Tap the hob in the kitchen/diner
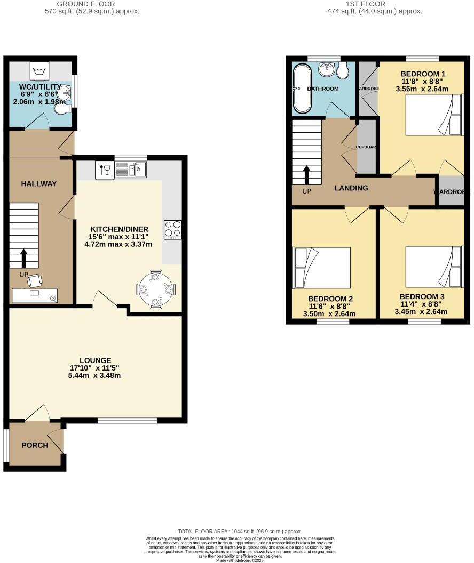(172, 230)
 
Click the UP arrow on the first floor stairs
(307, 175)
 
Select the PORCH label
(35, 445)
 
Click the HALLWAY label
(38, 183)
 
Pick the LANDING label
(351, 188)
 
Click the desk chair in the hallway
(34, 280)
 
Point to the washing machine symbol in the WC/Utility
(39, 71)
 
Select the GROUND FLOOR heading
(92, 4)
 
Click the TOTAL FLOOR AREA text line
(240, 532)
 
